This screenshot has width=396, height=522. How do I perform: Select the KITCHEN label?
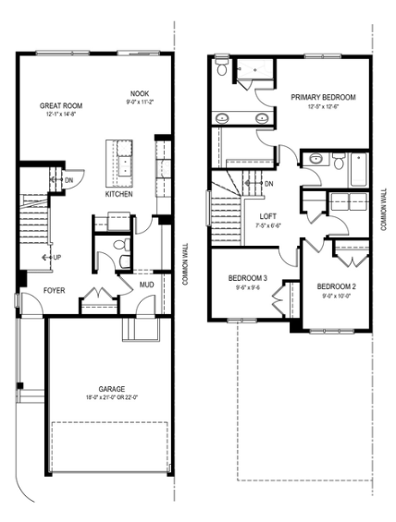pos(118,195)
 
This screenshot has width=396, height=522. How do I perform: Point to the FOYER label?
pos(29,290)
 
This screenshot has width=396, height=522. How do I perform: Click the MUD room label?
pos(147,285)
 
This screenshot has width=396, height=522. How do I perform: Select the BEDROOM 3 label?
pos(248,277)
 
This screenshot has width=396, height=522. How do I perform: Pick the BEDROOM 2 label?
pos(335,286)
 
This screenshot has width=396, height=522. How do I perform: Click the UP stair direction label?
pos(57,257)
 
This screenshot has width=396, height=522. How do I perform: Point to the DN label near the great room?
pos(68,179)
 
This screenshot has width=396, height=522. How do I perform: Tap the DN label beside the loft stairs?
pos(268,184)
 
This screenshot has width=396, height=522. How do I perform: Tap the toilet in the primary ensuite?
pos(222,70)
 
